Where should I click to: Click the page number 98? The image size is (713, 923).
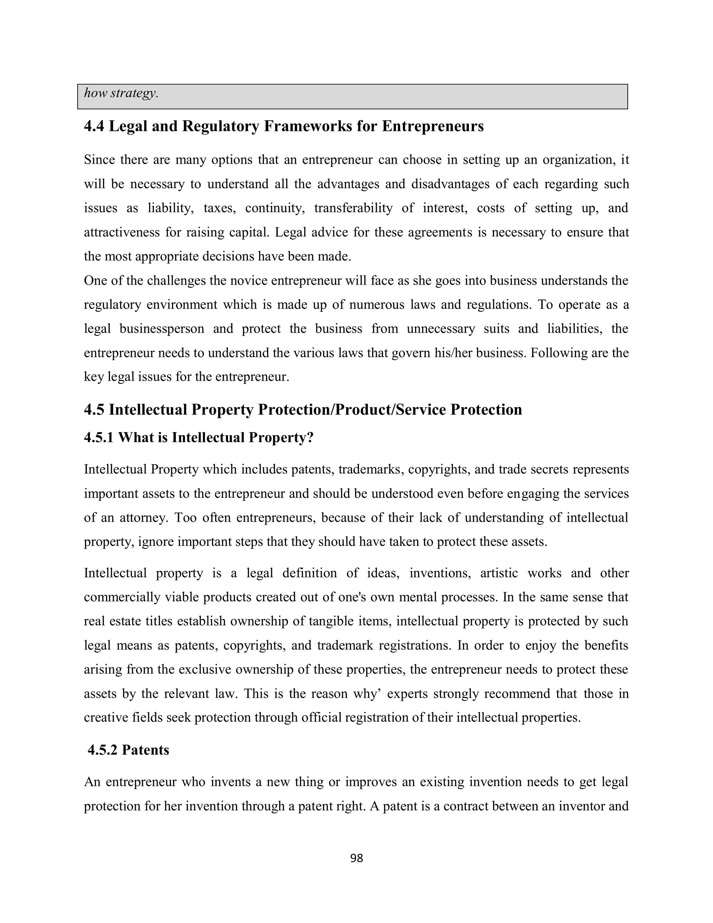[356, 858]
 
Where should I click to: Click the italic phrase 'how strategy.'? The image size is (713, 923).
[121, 93]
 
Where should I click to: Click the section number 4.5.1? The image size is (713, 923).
[99, 437]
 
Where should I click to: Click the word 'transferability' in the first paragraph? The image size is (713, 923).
[353, 208]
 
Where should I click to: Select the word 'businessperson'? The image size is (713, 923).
[162, 328]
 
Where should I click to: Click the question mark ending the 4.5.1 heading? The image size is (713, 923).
[310, 437]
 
